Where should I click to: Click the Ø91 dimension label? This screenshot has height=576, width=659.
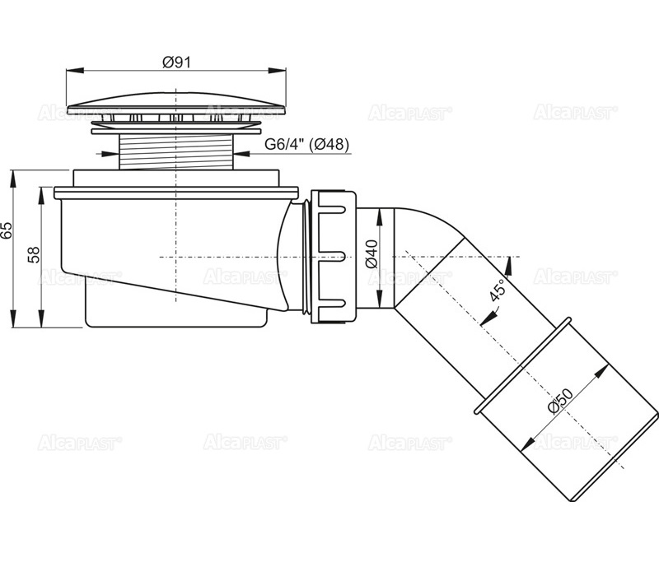pyautogui.click(x=176, y=63)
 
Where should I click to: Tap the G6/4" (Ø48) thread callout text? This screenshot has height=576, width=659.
pyautogui.click(x=306, y=145)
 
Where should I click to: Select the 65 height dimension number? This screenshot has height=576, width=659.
pyautogui.click(x=7, y=230)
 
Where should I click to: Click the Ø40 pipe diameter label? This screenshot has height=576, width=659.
pyautogui.click(x=372, y=254)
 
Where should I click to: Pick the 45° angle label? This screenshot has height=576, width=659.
pyautogui.click(x=498, y=290)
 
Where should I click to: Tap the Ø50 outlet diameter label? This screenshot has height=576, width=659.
pyautogui.click(x=560, y=401)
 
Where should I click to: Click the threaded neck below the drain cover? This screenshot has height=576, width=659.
pyautogui.click(x=176, y=152)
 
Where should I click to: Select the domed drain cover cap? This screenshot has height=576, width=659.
pyautogui.click(x=176, y=105)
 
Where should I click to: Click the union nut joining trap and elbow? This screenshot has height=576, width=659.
pyautogui.click(x=334, y=257)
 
